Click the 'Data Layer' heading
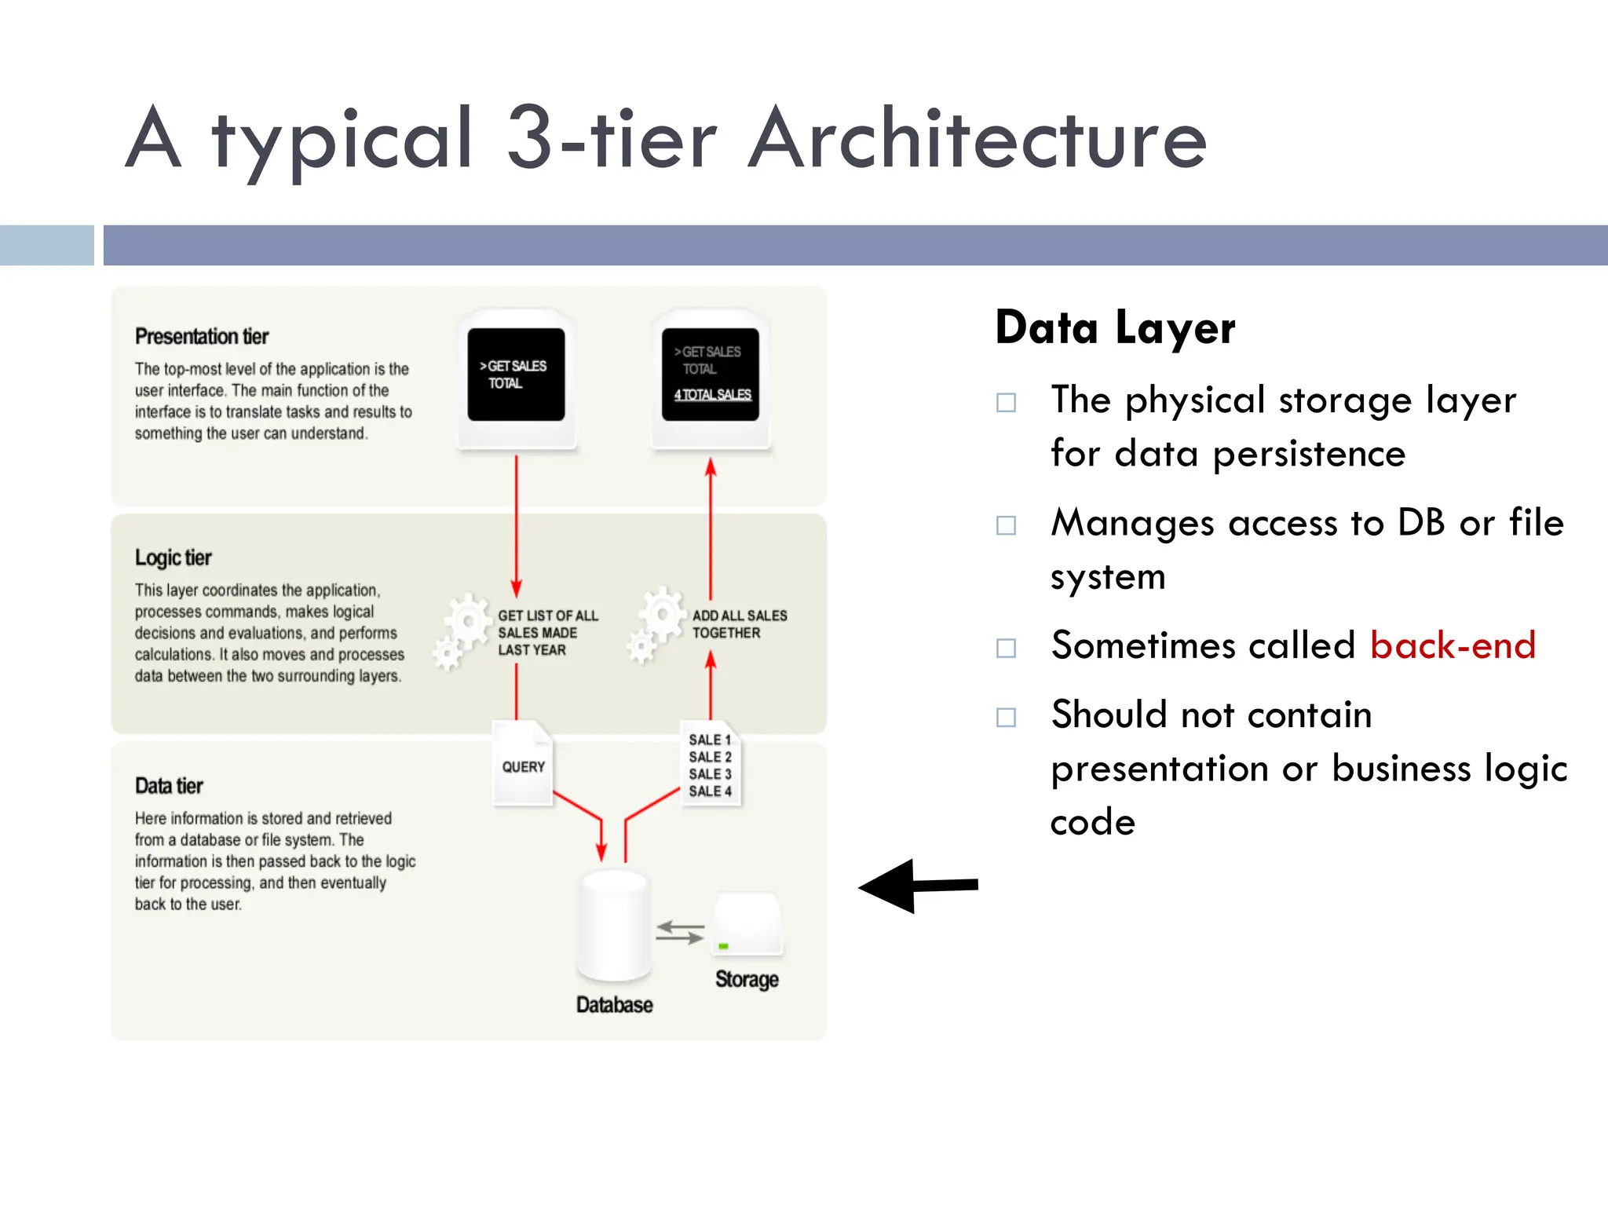pos(1115,328)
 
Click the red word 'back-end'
pos(1452,645)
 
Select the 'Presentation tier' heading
pos(202,337)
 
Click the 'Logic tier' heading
pos(174,557)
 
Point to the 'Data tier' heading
pos(169,786)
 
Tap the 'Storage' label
pos(747,979)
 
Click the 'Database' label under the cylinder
pos(614,1005)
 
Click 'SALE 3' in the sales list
pos(710,774)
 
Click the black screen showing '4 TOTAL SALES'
pos(710,375)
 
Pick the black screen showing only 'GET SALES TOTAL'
pos(516,375)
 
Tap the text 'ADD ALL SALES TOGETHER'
pos(739,624)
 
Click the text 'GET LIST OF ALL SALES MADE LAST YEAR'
pos(547,633)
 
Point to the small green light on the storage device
pos(723,946)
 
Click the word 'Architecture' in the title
pos(977,140)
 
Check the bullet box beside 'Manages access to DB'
pos(1006,525)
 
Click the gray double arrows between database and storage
pos(680,933)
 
